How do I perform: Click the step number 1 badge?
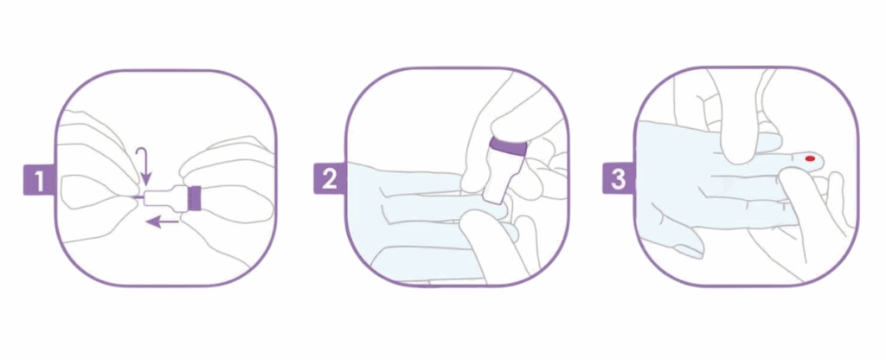[39, 180]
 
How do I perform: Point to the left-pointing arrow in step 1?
[162, 223]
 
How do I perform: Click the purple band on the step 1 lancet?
[195, 198]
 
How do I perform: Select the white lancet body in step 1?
[166, 198]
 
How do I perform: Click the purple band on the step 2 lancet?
[508, 148]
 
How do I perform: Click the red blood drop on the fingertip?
[810, 159]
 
